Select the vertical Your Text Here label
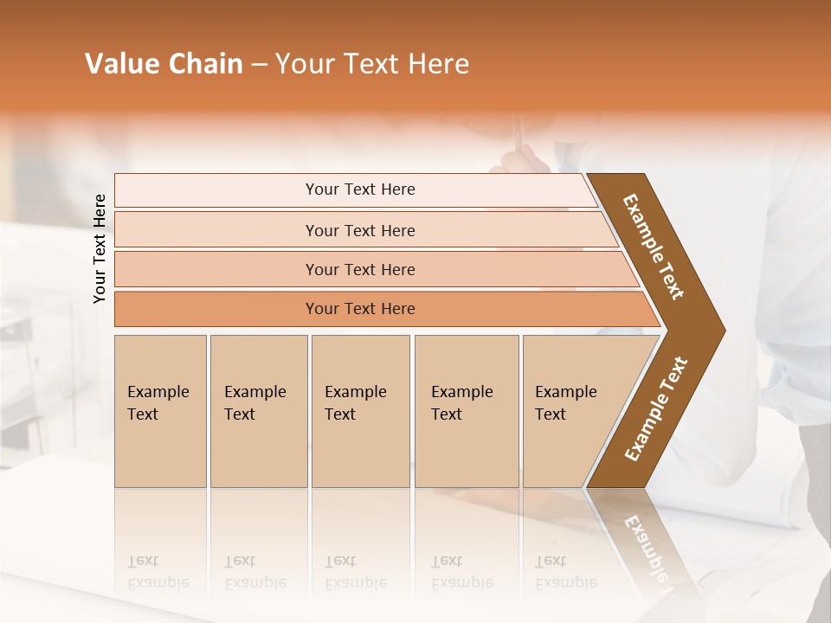click(100, 248)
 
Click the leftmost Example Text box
click(160, 410)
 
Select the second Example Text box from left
click(259, 410)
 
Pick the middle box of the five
click(360, 410)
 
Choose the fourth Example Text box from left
click(467, 410)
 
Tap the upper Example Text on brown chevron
click(654, 247)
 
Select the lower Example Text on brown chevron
click(656, 408)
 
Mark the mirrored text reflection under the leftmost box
click(158, 572)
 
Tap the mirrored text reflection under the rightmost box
click(565, 572)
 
